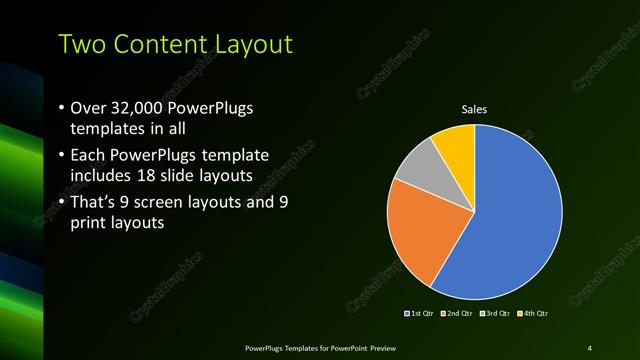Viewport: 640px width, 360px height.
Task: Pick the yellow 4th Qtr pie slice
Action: [x=455, y=141]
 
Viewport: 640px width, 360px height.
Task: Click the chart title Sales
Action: [x=474, y=110]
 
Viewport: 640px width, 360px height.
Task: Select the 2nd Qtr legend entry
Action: [x=457, y=314]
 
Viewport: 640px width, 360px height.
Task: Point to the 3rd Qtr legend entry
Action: [x=497, y=314]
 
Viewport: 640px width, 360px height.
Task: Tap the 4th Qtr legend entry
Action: [x=534, y=314]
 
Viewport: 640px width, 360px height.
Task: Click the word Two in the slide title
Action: [x=81, y=44]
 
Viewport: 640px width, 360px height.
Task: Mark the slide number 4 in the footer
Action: [x=590, y=347]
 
